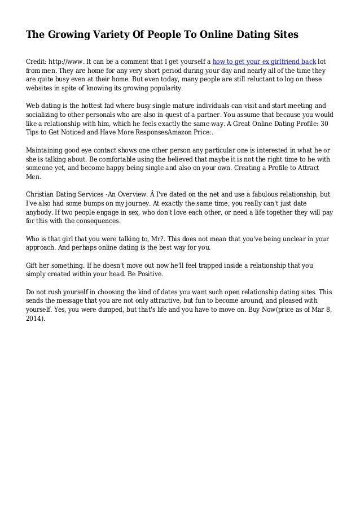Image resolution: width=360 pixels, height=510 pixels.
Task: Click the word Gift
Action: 33,264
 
